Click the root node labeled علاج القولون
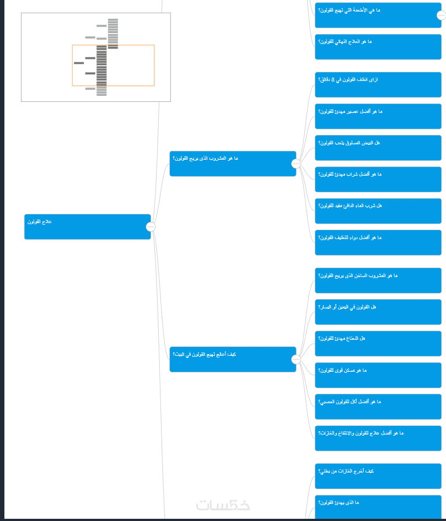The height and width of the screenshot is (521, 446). [x=87, y=226]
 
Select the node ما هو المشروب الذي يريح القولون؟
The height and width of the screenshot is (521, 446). [x=232, y=164]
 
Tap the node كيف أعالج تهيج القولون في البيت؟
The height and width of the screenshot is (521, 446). [x=232, y=359]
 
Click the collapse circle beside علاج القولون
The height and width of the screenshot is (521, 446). [x=151, y=227]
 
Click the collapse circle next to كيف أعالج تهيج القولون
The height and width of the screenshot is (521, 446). [x=296, y=360]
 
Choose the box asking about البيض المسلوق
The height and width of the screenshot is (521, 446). [x=378, y=148]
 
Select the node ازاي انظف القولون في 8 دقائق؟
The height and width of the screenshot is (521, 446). [x=378, y=84]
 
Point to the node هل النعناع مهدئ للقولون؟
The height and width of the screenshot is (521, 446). [x=378, y=343]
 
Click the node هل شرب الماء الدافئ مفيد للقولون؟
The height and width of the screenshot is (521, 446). [x=378, y=211]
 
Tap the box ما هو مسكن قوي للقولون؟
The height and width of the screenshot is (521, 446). [x=378, y=375]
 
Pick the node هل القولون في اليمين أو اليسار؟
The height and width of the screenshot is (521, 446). [x=378, y=312]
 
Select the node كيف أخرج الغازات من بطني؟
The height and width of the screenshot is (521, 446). [x=378, y=476]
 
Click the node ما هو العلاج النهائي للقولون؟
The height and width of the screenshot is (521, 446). [x=378, y=47]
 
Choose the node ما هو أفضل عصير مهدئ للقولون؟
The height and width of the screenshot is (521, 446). [x=378, y=116]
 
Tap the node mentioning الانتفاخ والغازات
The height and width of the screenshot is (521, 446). [x=378, y=438]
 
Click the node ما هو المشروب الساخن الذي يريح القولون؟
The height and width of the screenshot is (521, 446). [x=378, y=280]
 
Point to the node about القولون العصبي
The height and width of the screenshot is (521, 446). [x=378, y=406]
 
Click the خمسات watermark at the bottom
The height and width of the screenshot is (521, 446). [x=223, y=504]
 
